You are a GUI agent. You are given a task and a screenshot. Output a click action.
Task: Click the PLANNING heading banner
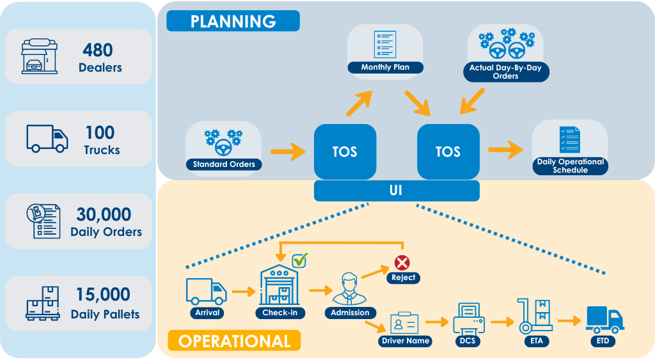233,21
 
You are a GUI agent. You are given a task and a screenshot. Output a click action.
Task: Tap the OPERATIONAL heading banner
234,341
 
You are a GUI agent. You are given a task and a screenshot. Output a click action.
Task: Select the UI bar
397,191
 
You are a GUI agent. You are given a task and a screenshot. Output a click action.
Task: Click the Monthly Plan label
385,67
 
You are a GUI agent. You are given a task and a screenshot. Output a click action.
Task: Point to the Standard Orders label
224,164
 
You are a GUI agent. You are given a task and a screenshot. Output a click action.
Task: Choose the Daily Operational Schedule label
570,166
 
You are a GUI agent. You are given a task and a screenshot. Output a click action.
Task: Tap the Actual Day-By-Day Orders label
505,72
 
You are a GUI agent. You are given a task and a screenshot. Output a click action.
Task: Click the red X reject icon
402,263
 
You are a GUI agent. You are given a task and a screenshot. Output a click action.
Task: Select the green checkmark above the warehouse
300,260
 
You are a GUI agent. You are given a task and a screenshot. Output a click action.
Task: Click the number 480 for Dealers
98,50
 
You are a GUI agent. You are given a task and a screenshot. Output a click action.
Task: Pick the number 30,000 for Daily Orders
104,214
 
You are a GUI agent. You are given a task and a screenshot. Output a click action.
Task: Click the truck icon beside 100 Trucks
47,138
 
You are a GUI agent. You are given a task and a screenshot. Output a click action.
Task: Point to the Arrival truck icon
207,291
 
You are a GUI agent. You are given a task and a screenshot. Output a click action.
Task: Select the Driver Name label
405,341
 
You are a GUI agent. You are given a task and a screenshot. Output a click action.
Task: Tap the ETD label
603,341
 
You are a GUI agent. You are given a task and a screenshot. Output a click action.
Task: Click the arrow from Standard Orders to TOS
288,151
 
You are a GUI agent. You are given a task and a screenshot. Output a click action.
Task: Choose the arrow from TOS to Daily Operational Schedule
505,150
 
